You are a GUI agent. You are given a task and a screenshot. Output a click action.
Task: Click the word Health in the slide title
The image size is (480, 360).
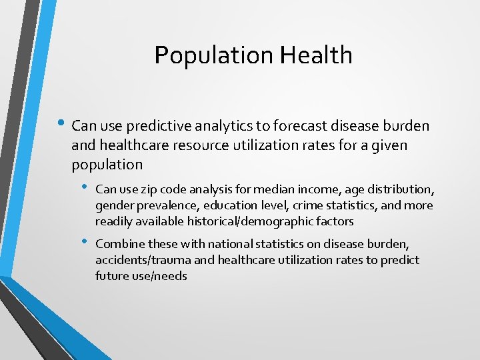[316, 55]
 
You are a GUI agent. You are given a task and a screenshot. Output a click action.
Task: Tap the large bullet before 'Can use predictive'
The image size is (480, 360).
[61, 124]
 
